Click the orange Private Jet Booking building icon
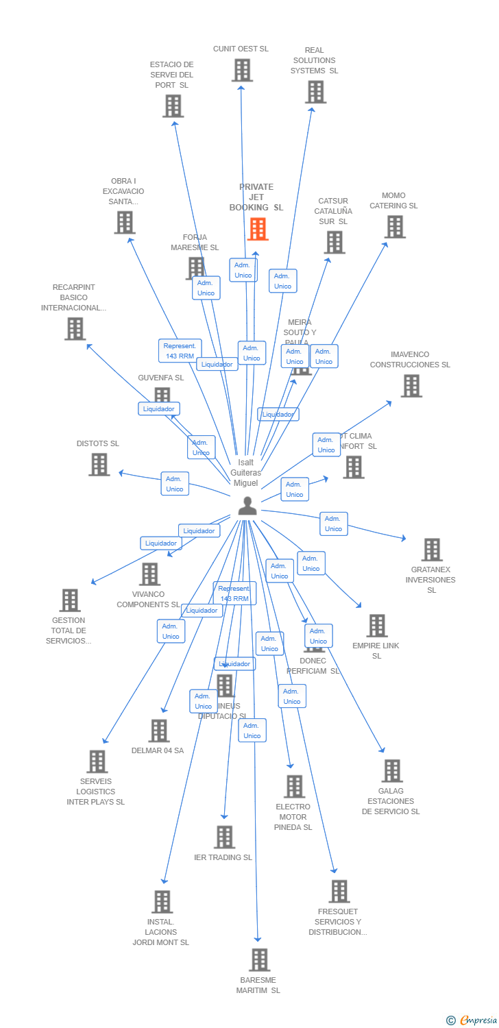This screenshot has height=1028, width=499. [258, 229]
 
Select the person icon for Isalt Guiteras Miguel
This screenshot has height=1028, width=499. [247, 506]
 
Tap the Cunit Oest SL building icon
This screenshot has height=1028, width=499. [242, 70]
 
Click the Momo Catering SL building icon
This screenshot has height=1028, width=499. [395, 227]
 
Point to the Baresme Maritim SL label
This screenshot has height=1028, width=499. [258, 985]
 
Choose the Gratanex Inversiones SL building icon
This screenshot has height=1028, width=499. [432, 550]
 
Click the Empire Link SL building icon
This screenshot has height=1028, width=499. [377, 625]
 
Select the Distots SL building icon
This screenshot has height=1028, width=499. [99, 465]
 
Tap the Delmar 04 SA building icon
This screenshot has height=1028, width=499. [159, 731]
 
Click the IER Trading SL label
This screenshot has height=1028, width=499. [223, 857]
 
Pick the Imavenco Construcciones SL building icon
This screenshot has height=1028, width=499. [411, 386]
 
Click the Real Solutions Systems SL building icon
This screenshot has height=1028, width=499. [315, 92]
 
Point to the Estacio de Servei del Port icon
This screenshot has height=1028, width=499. [173, 106]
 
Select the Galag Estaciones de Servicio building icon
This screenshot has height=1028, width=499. [392, 771]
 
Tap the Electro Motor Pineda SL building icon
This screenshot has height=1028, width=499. [294, 787]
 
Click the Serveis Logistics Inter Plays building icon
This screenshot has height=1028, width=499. [97, 761]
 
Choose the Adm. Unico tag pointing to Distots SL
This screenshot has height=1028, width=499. [175, 484]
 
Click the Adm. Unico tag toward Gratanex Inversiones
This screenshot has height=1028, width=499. [334, 524]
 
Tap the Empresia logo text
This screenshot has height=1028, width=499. [478, 1020]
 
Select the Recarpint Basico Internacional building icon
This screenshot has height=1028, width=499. [75, 329]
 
